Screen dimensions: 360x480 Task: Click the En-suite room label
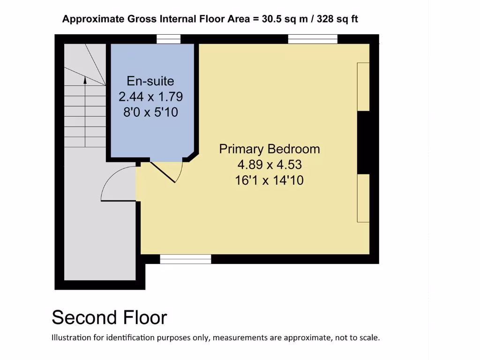[x=150, y=81]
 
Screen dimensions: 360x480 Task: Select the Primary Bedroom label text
[x=270, y=149]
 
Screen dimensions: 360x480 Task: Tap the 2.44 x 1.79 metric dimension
[x=150, y=97]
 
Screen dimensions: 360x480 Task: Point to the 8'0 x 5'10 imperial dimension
[x=150, y=112]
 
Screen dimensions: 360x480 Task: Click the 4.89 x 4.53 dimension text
[x=270, y=165]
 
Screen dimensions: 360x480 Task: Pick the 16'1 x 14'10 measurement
[x=270, y=180]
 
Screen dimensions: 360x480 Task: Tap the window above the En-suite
[x=168, y=39]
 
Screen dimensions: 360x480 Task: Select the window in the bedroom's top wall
[x=313, y=39]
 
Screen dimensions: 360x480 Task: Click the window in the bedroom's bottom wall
[x=186, y=259]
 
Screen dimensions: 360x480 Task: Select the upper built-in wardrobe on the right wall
[x=363, y=87]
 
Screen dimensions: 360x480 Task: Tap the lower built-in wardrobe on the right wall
[x=363, y=198]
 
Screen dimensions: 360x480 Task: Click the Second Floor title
[x=109, y=317]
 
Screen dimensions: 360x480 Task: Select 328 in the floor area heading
[x=327, y=19]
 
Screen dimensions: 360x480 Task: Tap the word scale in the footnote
[x=367, y=337]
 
